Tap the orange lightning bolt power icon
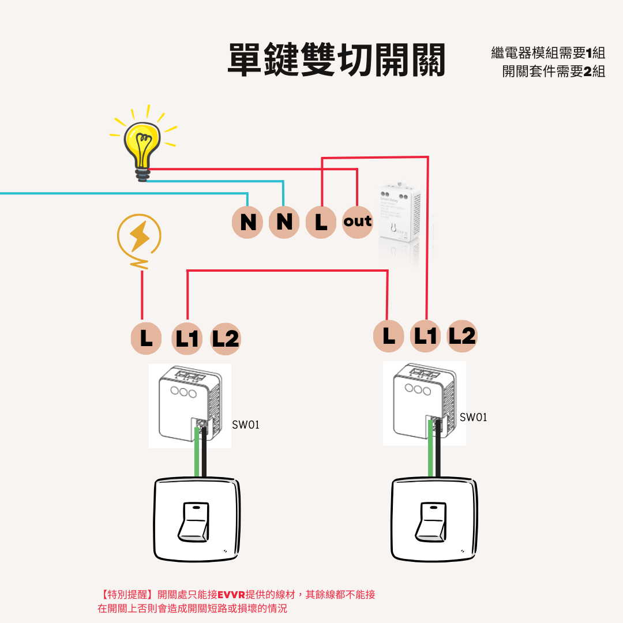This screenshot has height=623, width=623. (x=139, y=236)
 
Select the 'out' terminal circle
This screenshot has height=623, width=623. (x=358, y=222)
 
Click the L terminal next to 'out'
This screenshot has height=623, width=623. (x=321, y=222)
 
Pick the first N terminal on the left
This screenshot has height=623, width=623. (x=248, y=222)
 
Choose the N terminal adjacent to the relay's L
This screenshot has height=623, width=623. (x=284, y=222)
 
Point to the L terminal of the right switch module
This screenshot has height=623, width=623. (x=389, y=336)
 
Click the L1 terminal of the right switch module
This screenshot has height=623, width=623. (x=426, y=336)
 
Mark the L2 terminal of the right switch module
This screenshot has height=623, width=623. (x=462, y=336)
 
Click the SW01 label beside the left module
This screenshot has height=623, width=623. (x=246, y=425)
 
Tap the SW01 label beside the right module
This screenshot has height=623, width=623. (x=473, y=417)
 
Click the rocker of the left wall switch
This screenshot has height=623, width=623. (x=195, y=521)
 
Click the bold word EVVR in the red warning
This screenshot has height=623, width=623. (x=231, y=594)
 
